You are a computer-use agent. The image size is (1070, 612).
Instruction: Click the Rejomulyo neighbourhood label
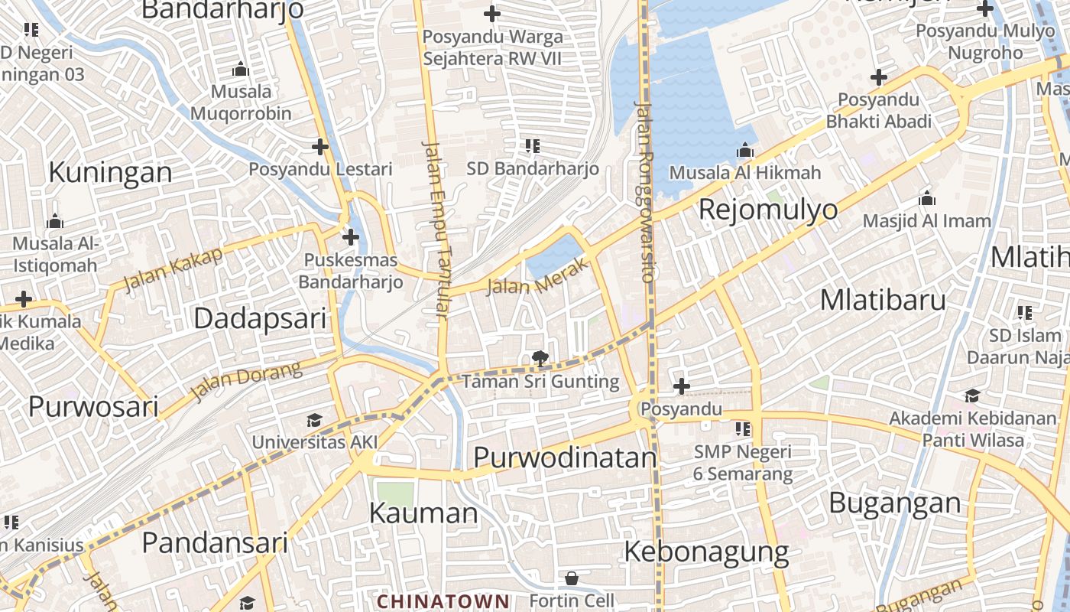(x=768, y=209)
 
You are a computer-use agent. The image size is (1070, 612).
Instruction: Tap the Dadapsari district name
(x=260, y=318)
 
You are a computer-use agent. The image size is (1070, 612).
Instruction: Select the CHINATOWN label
(x=443, y=601)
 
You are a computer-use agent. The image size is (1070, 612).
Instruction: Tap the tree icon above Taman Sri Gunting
(x=540, y=357)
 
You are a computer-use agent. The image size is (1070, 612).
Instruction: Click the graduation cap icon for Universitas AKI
(x=314, y=420)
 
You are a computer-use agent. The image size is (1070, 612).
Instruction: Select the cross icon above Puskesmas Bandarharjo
(x=351, y=237)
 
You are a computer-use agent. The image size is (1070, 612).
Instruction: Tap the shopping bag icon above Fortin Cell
(x=571, y=578)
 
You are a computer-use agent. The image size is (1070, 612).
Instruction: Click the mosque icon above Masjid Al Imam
(x=927, y=199)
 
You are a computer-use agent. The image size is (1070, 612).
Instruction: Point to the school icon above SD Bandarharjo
(x=533, y=145)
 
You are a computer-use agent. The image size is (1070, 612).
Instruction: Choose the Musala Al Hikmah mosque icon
(x=745, y=151)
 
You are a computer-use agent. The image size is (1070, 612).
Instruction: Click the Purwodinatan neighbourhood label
(x=565, y=457)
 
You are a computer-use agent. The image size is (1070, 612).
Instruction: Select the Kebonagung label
(x=706, y=551)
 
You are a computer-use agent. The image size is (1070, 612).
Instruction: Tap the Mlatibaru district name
(x=883, y=300)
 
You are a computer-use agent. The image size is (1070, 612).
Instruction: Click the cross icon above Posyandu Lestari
(x=320, y=146)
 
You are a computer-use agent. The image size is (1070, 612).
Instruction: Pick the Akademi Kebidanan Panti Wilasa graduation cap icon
(x=972, y=396)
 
